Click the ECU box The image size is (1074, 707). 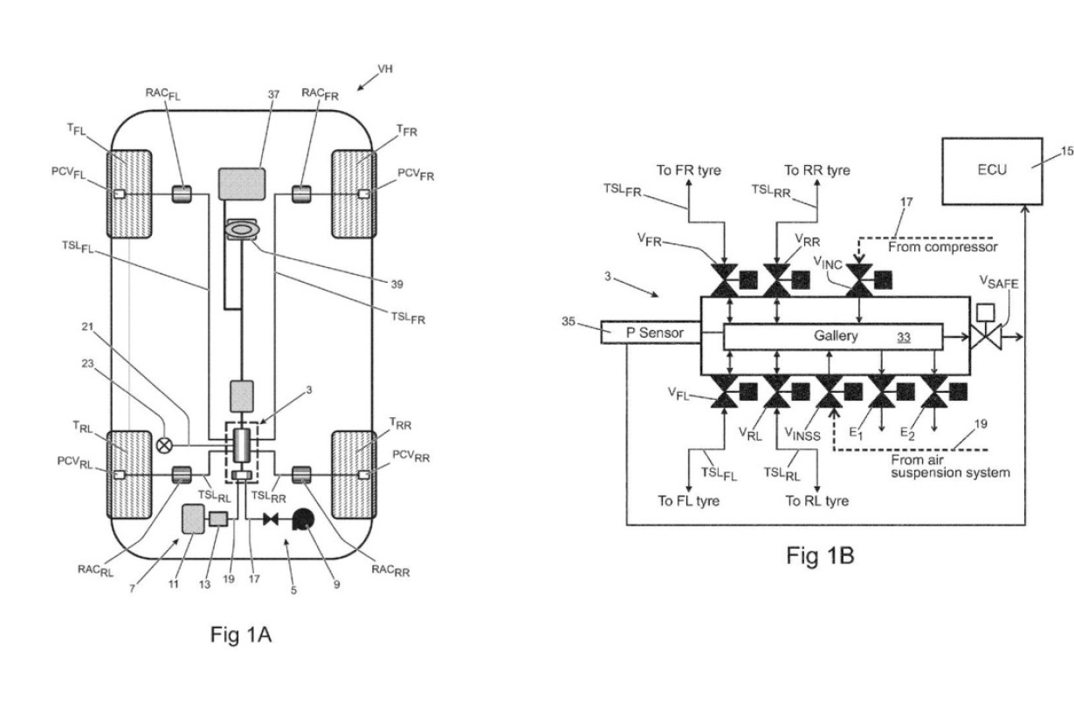(991, 169)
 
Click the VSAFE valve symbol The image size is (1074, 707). (987, 335)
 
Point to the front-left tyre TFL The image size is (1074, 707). (128, 194)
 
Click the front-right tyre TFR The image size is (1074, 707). (353, 194)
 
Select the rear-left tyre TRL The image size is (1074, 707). (128, 473)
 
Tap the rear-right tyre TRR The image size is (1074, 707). (353, 473)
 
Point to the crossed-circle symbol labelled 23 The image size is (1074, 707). (164, 444)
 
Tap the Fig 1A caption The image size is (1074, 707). (241, 635)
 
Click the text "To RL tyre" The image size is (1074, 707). (816, 500)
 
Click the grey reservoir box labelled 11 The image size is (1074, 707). (191, 521)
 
